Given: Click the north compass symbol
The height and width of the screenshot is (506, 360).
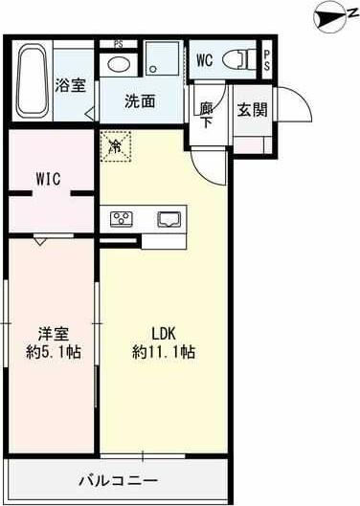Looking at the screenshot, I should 330,17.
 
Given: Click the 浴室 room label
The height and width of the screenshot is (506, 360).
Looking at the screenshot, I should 70,85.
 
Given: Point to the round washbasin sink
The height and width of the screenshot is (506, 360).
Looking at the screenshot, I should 118,64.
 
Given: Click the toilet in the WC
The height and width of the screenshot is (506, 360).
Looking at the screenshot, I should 235,59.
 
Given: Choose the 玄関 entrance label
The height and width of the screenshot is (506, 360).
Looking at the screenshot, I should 252,108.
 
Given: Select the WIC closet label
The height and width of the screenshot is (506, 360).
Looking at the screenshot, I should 50,179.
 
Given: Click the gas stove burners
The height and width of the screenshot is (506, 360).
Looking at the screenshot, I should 124,218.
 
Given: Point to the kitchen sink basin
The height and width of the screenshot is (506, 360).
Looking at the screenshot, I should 169,218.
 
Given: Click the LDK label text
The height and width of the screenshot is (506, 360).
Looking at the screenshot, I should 164,335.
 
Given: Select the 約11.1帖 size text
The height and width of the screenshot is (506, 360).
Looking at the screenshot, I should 164,352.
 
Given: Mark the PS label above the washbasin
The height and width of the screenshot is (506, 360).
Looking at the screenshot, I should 118,44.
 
